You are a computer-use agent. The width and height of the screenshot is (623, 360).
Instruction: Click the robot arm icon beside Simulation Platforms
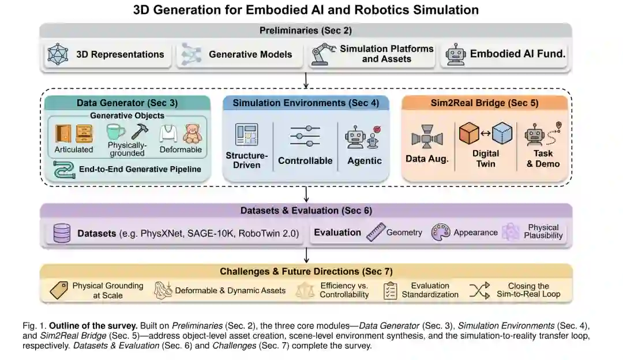point(322,55)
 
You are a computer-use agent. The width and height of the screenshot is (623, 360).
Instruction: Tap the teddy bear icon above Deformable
point(192,133)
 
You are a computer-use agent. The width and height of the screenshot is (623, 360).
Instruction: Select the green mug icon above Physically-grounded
point(116,132)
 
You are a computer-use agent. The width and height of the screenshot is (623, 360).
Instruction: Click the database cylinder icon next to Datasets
point(61,232)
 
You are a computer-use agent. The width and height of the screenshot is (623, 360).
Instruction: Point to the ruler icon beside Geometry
point(375,232)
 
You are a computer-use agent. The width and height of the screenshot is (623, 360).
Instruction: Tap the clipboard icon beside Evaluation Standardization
point(390,290)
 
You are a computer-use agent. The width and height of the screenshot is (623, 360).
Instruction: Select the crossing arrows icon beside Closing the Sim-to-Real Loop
point(479,290)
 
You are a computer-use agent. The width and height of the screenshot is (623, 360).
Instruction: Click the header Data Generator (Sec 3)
point(127,103)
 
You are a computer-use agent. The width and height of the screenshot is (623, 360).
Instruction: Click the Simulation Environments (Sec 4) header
point(306,103)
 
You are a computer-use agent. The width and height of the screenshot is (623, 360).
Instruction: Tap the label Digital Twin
point(485,159)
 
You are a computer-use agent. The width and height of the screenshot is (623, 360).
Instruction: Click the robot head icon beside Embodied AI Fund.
point(455,55)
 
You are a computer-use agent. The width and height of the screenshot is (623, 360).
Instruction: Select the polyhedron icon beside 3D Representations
point(58,55)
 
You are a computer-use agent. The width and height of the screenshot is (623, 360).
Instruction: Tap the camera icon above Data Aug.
point(427,138)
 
